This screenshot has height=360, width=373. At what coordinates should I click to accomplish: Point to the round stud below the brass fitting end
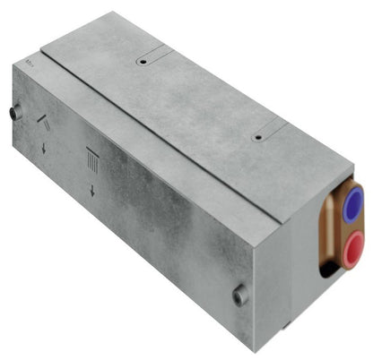click(239, 295)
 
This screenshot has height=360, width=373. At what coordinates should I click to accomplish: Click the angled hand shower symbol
click(42, 125)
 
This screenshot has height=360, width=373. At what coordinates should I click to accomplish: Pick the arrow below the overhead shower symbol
click(91, 190)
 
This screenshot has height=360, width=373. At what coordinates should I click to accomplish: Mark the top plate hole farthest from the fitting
click(142, 64)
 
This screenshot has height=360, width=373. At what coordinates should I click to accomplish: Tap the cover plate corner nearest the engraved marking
click(44, 50)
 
